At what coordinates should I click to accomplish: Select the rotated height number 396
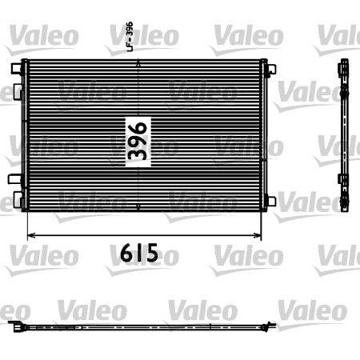pos(138,142)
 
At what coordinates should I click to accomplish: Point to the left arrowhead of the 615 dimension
pos(31,235)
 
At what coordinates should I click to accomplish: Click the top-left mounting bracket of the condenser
pos(17,71)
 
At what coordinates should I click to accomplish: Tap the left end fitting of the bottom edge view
pos(16,326)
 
